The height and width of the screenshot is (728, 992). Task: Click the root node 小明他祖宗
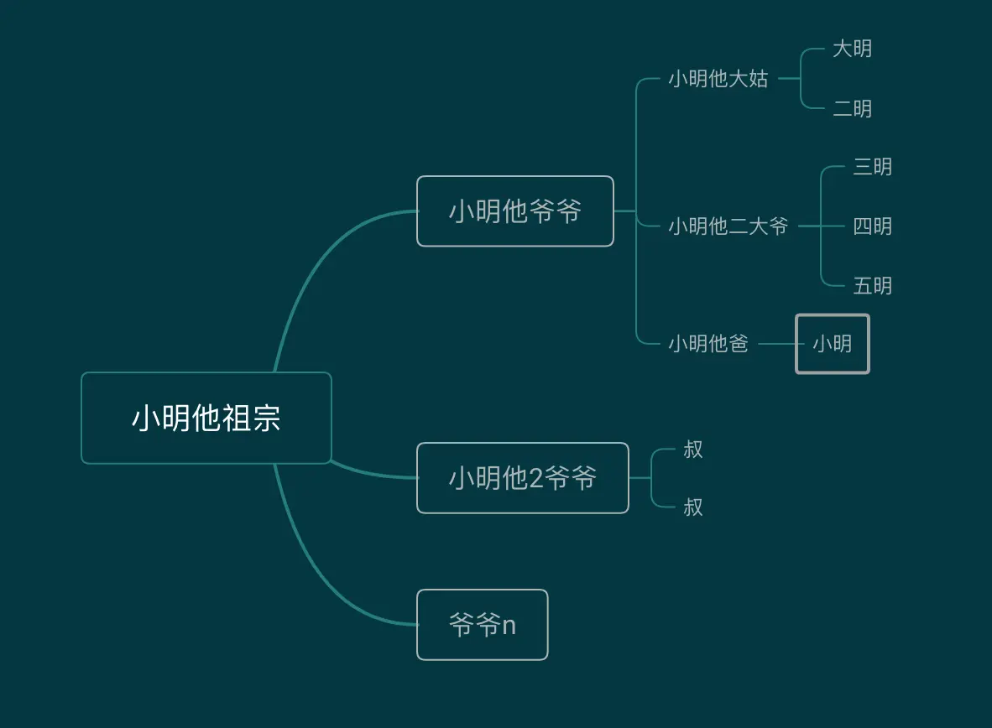click(x=206, y=418)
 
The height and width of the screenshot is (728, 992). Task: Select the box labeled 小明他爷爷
click(x=514, y=211)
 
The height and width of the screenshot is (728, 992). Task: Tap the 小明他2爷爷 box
click(x=522, y=478)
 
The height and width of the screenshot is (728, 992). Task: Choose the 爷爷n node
click(x=482, y=625)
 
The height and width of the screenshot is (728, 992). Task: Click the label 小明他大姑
click(x=718, y=79)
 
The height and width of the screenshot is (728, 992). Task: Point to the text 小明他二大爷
click(x=728, y=226)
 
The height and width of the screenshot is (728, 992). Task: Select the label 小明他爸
click(x=707, y=344)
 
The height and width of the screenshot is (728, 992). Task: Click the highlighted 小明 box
click(x=832, y=344)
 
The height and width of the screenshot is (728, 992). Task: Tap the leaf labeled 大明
click(x=852, y=49)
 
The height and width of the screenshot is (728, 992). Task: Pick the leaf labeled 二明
click(x=852, y=109)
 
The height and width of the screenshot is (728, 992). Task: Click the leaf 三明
click(x=872, y=167)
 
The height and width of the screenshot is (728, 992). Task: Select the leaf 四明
click(x=872, y=226)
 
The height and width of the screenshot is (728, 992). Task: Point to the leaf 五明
click(x=872, y=286)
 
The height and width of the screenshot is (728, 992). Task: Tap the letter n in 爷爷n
click(x=509, y=626)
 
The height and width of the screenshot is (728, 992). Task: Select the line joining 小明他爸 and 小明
click(x=776, y=344)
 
